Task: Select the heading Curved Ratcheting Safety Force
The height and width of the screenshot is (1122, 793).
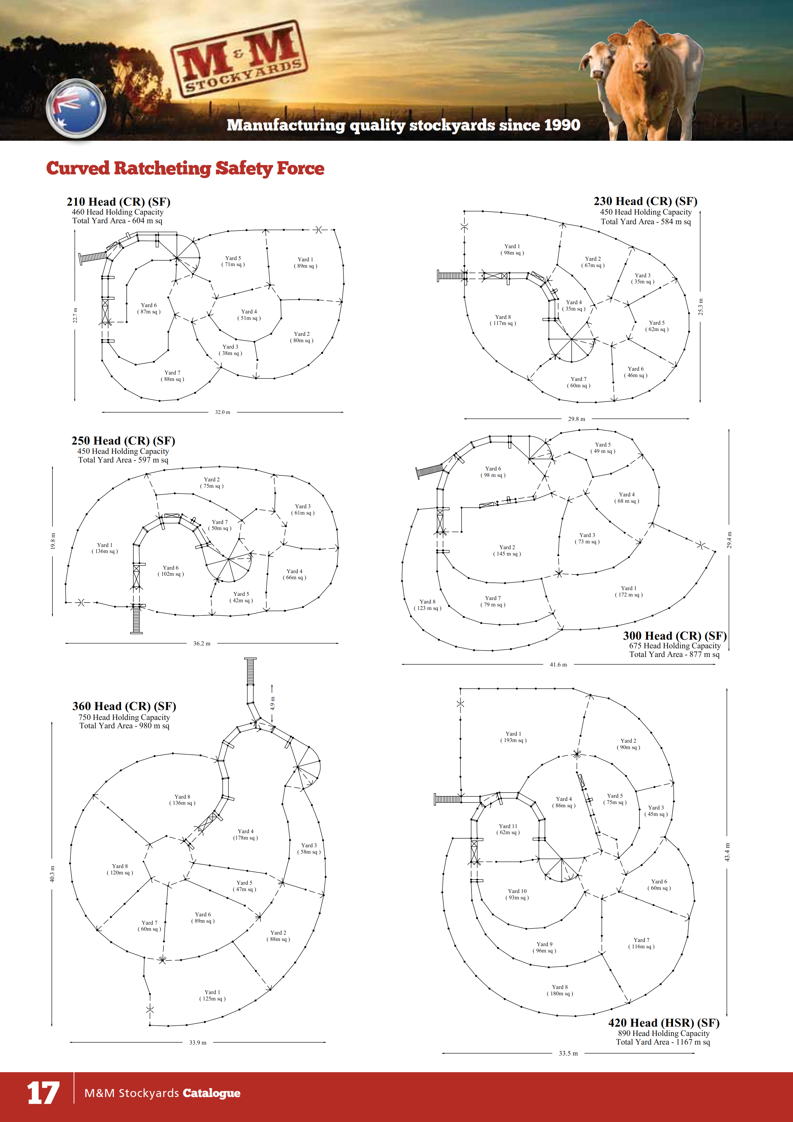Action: pyautogui.click(x=185, y=168)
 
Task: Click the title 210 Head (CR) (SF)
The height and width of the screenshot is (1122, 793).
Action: pyautogui.click(x=118, y=202)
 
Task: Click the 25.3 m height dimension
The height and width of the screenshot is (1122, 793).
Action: pyautogui.click(x=701, y=307)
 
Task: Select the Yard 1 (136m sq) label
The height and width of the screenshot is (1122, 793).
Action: pyautogui.click(x=105, y=548)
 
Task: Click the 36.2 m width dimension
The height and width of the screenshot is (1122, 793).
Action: pyautogui.click(x=202, y=644)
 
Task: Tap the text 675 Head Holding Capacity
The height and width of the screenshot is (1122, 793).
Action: pyautogui.click(x=674, y=645)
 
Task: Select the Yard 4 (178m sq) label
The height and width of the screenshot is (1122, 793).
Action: pyautogui.click(x=245, y=834)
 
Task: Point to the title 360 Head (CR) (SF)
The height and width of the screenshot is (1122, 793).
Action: pyautogui.click(x=124, y=706)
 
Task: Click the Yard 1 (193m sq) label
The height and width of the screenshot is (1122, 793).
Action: pyautogui.click(x=513, y=737)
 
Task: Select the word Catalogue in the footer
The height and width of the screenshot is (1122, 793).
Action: pyautogui.click(x=211, y=1093)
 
